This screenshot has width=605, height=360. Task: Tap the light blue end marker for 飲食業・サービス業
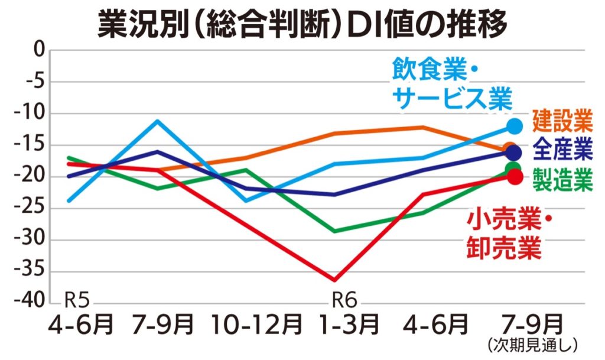515,126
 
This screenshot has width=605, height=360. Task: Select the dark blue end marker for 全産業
514,152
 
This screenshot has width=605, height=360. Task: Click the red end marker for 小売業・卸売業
515,177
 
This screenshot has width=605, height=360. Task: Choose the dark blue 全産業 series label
562,150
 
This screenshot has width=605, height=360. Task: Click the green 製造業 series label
562,179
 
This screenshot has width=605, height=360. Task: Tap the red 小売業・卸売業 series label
508,234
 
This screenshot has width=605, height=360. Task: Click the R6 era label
344,300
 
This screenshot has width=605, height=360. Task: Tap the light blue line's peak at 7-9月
157,121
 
